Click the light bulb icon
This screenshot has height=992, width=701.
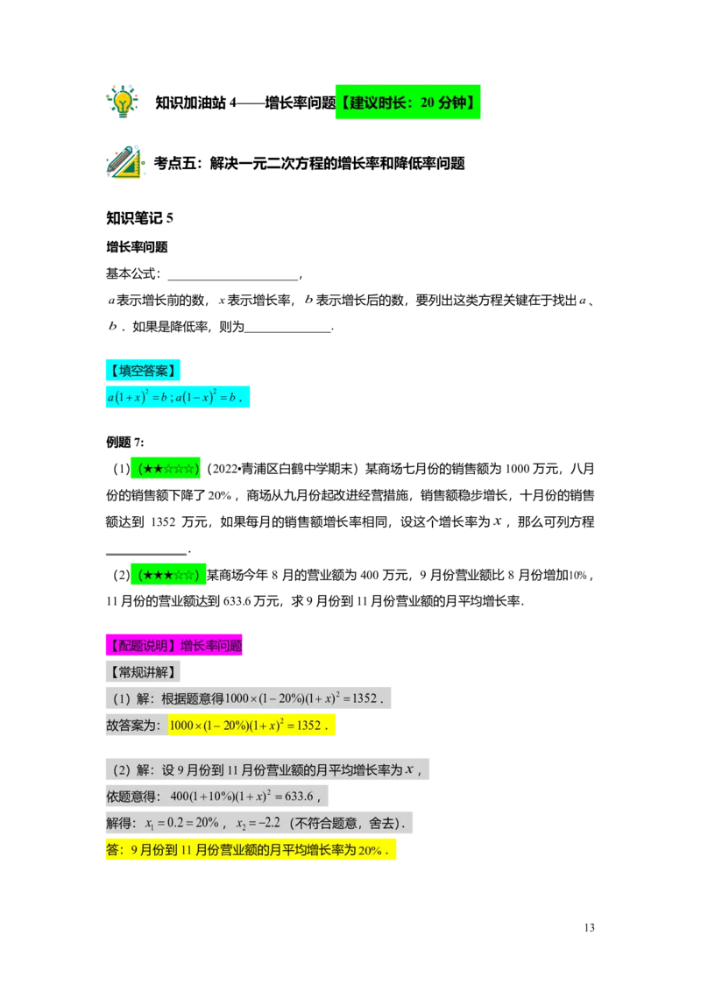(122, 102)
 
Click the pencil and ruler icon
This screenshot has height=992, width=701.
(124, 162)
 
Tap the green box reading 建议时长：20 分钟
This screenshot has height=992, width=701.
(408, 102)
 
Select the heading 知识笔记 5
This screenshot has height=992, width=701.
(140, 218)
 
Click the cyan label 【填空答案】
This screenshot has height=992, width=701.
(143, 371)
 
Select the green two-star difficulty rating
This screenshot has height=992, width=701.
(165, 469)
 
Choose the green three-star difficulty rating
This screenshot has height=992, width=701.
(168, 575)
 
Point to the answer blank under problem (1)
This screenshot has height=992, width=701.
(147, 552)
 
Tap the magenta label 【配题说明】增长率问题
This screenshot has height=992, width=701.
(174, 646)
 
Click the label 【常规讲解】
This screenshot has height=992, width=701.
(143, 672)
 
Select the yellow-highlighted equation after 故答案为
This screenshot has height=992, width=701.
(249, 726)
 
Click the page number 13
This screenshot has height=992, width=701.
(589, 927)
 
